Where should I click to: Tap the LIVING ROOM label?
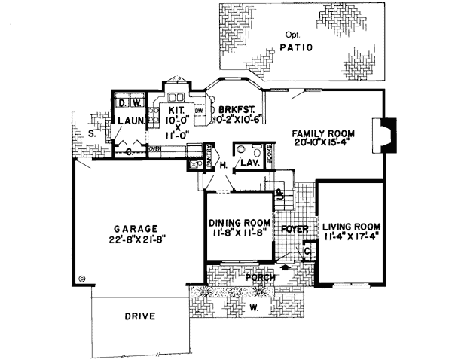tap(351, 227)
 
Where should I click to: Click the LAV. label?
tap(249, 163)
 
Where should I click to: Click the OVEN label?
tap(155, 149)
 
